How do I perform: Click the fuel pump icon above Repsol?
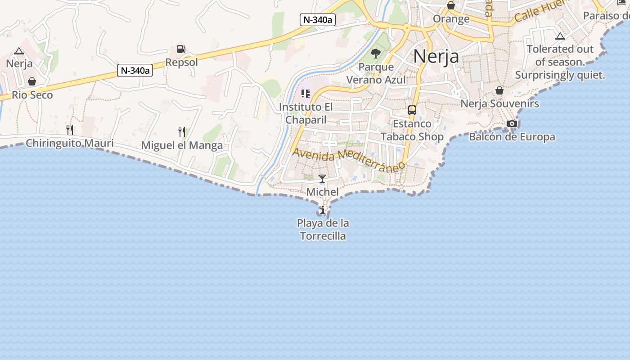pyautogui.click(x=181, y=49)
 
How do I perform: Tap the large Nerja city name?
pyautogui.click(x=436, y=56)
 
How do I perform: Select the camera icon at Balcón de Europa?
pyautogui.click(x=512, y=124)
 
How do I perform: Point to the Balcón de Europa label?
pyautogui.click(x=512, y=137)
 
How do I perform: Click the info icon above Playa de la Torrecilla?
pyautogui.click(x=322, y=210)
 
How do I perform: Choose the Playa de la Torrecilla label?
pyautogui.click(x=323, y=229)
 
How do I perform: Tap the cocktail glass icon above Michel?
pyautogui.click(x=322, y=179)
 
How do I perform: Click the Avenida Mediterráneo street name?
pyautogui.click(x=348, y=160)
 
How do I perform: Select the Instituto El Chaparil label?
pyautogui.click(x=306, y=113)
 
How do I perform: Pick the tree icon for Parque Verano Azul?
pyautogui.click(x=375, y=54)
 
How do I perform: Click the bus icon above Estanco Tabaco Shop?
pyautogui.click(x=412, y=110)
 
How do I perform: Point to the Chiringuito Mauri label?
pyautogui.click(x=69, y=144)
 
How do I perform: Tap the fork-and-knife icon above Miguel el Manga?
pyautogui.click(x=181, y=132)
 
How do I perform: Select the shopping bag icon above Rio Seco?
pyautogui.click(x=32, y=81)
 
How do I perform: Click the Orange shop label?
pyautogui.click(x=451, y=19)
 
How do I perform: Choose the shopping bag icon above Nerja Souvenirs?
pyautogui.click(x=499, y=90)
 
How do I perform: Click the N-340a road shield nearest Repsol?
pyautogui.click(x=135, y=70)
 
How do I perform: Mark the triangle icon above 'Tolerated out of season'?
pyautogui.click(x=560, y=36)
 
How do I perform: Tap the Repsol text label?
pyautogui.click(x=181, y=62)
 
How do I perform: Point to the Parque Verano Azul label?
pyautogui.click(x=376, y=73)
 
